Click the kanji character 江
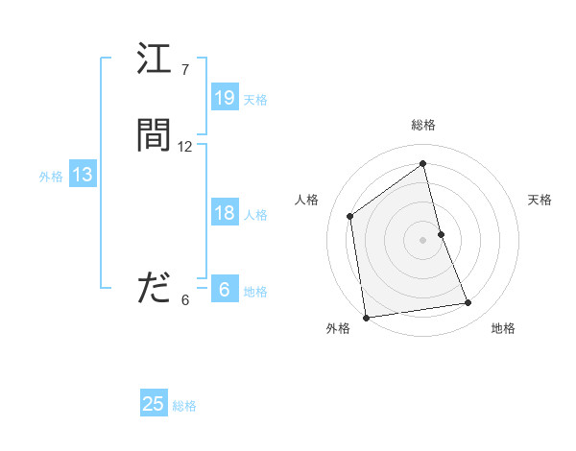click(154, 61)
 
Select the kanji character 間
click(154, 136)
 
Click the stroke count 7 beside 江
click(185, 70)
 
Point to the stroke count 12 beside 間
click(185, 147)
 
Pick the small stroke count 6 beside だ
click(185, 299)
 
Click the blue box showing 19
click(225, 98)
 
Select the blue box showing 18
click(225, 214)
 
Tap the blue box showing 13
click(83, 175)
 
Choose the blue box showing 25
click(154, 404)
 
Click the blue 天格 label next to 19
click(255, 99)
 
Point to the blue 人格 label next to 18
click(255, 215)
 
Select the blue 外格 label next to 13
click(51, 176)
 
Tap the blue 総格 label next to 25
click(184, 405)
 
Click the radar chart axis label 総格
click(423, 125)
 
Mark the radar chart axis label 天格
click(540, 200)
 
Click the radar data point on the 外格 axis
click(365, 317)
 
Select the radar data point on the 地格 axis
click(468, 303)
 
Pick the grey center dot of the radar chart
click(423, 239)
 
